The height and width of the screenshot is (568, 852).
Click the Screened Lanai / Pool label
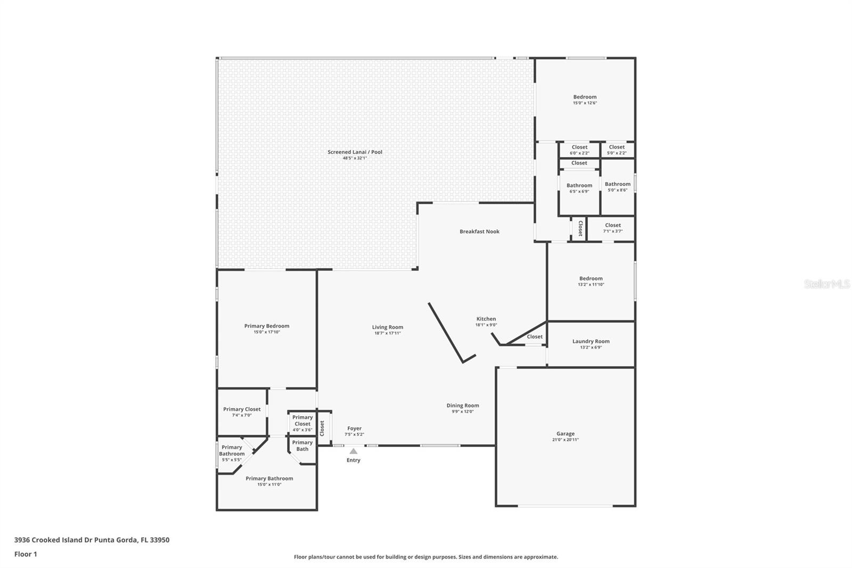coord(355,152)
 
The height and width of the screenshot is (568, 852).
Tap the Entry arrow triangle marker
coord(354,451)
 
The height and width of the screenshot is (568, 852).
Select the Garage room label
coord(565,434)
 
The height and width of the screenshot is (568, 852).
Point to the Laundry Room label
coord(591,341)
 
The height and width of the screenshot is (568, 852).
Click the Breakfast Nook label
coord(479,231)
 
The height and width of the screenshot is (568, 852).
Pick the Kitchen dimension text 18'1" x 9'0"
coord(486,324)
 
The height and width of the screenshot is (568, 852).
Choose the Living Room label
coord(388,327)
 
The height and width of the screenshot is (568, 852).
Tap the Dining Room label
coord(463,405)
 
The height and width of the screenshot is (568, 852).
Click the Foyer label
coord(354,428)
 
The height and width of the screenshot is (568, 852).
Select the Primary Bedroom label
coord(267,326)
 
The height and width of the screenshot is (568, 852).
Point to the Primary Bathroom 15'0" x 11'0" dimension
coord(269,485)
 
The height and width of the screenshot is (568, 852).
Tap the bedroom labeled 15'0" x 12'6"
coord(585,96)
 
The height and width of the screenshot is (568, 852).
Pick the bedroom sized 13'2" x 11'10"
coord(591,278)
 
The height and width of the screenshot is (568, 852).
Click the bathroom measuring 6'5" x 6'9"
coord(579,185)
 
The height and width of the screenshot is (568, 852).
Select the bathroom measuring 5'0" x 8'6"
coord(618,184)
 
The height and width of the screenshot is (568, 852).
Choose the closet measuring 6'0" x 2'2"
coord(579,147)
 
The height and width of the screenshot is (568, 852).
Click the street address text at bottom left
coord(92,540)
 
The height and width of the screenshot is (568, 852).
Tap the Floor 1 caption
coord(26,554)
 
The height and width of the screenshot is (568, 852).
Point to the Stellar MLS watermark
coord(827,283)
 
